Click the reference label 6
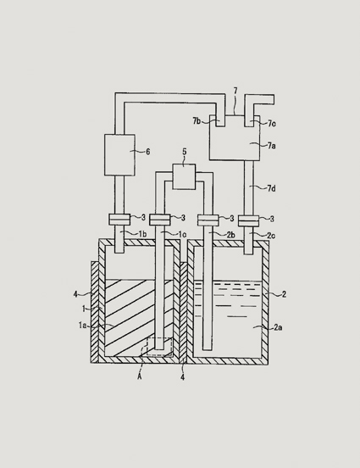pos(148,152)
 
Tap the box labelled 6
pos(119,155)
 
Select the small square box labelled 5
pos(185,176)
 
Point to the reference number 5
pos(185,152)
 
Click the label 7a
pos(271,146)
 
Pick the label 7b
pos(197,121)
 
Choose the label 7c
pos(271,123)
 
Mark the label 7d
pos(271,188)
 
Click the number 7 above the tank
pos(235,91)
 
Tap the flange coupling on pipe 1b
pos(119,220)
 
